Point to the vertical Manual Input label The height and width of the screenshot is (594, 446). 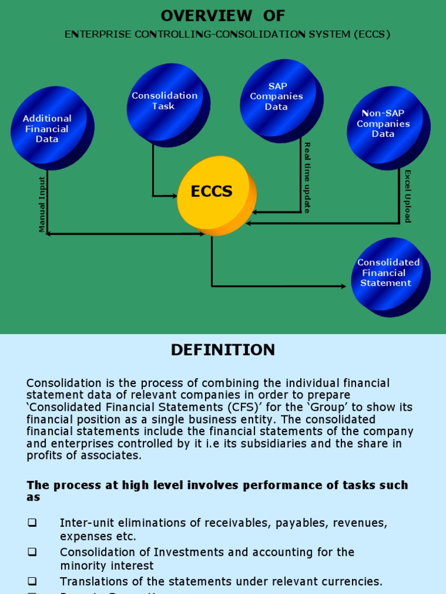coord(42,204)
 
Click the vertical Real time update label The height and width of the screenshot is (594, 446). coord(307,178)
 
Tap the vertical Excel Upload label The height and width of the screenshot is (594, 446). coord(407,196)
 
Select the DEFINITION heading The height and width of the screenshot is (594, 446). coord(223,350)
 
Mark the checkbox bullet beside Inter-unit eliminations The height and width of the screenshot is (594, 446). coord(32,523)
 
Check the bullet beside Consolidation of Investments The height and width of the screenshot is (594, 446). coord(32,552)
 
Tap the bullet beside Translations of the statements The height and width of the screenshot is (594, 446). coord(32,581)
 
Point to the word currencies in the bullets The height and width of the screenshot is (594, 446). coord(352,581)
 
